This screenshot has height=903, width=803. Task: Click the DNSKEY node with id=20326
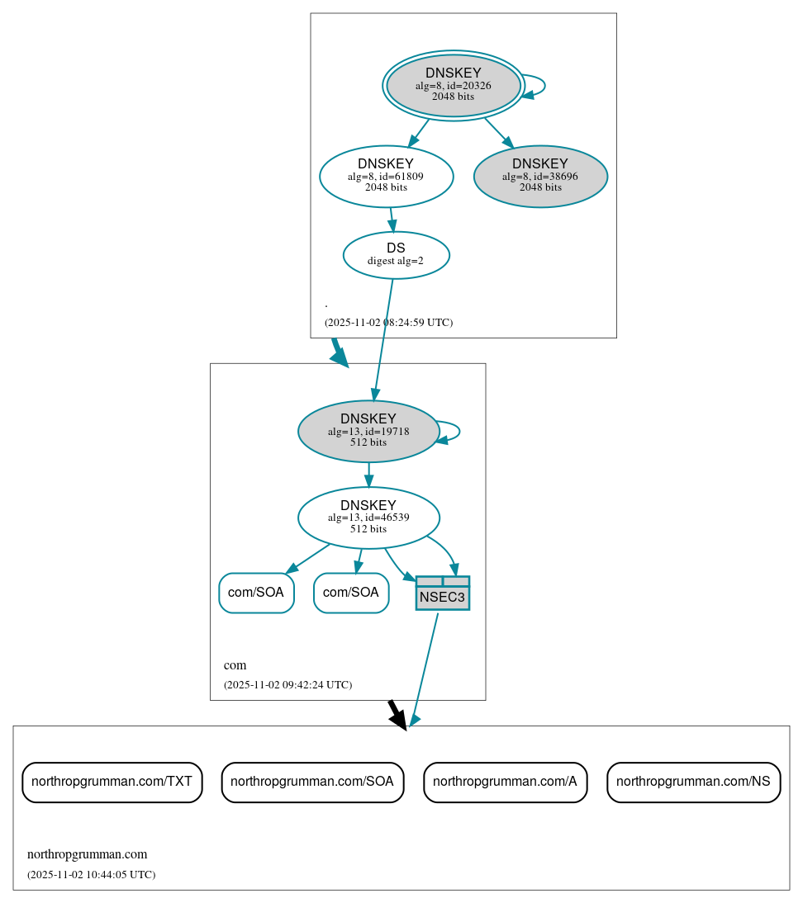[453, 85]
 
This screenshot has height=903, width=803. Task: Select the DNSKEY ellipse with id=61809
[386, 176]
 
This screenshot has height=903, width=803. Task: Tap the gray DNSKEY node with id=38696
[540, 176]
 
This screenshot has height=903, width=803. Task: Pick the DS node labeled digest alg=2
[396, 255]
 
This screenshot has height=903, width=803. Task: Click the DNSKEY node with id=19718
[368, 431]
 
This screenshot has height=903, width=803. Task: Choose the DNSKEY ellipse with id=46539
[368, 518]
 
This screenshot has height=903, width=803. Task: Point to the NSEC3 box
[442, 593]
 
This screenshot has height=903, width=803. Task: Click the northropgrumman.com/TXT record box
[112, 782]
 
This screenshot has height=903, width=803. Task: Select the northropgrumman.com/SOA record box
[312, 782]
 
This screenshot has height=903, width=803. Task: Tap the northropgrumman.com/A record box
[505, 782]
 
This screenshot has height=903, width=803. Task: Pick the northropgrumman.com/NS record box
[693, 782]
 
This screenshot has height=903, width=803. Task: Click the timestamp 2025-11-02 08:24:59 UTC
[388, 323]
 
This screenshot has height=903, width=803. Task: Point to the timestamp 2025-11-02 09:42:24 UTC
[287, 685]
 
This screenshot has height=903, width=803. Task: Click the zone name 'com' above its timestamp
[235, 665]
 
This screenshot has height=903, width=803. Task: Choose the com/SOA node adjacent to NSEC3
[351, 593]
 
